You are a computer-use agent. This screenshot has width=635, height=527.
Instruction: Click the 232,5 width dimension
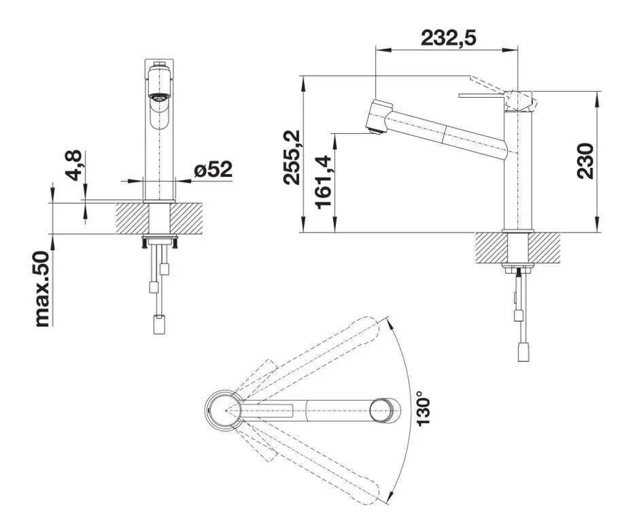coord(447,38)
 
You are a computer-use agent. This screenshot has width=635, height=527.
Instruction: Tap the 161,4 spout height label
coord(324,182)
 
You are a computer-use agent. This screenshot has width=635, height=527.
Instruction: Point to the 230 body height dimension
coord(586,161)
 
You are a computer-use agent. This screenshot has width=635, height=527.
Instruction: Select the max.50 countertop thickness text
coord(42,289)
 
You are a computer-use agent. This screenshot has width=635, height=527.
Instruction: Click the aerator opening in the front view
coord(160,98)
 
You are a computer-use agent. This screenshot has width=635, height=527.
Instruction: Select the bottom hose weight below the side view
coord(522,352)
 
